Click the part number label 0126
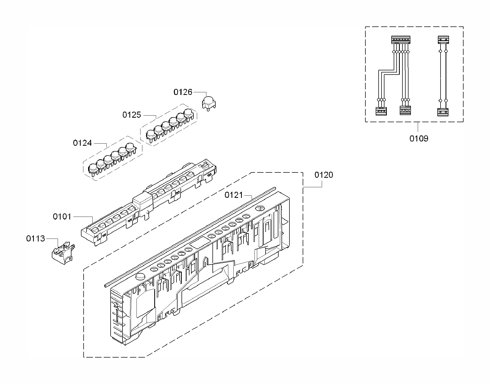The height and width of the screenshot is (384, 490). [183, 92]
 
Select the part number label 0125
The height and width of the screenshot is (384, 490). [132, 115]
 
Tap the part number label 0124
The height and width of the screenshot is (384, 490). [82, 143]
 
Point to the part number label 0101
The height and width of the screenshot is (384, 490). [62, 217]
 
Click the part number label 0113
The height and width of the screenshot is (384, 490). [35, 239]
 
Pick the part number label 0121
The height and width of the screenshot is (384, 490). [234, 195]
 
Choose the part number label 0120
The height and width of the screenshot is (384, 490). [324, 175]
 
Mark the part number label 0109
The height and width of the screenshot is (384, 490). [419, 138]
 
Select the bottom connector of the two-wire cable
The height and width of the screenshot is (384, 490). [443, 112]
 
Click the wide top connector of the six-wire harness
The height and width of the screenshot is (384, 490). [401, 40]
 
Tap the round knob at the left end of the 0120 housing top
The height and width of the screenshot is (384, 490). [140, 277]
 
